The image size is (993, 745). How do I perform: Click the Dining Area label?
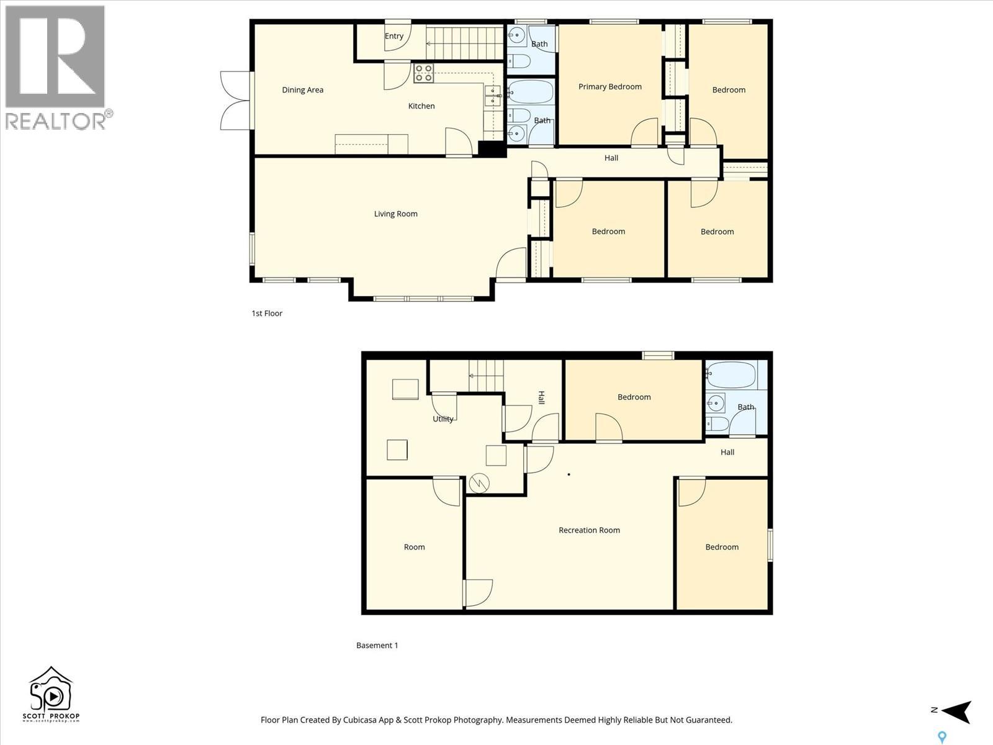coord(302,90)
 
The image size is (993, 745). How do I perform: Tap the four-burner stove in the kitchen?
coord(423,73)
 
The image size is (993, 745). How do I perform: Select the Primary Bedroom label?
coord(609,87)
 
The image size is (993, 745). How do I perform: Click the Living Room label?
coord(395,214)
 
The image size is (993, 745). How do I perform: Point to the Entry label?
coord(393,36)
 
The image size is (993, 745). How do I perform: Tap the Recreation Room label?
coord(589,530)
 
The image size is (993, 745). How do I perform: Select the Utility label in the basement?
coord(443,419)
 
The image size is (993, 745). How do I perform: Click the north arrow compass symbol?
coord(956,711)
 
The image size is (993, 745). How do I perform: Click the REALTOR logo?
coord(56,67)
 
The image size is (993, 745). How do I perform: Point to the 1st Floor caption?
coord(267,314)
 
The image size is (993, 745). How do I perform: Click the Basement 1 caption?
coord(377,646)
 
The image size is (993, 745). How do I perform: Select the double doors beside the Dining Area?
coord(236,101)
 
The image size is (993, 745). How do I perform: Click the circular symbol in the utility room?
coord(479,483)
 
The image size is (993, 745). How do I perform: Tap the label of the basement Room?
coord(414,548)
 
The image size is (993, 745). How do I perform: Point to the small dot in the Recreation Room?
coord(569,475)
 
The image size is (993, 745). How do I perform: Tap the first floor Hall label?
coord(611,158)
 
